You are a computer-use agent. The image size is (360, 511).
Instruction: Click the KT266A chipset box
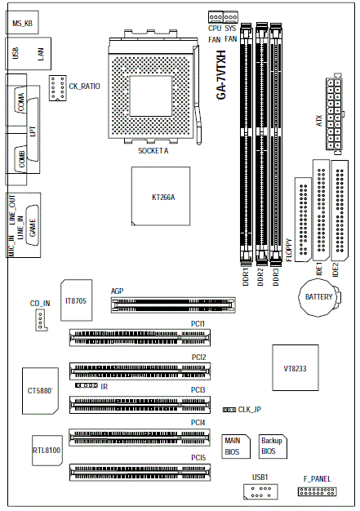pos(161,196)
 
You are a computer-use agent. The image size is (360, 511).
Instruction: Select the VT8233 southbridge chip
pos(296,367)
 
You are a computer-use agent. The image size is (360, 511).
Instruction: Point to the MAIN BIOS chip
pos(236,447)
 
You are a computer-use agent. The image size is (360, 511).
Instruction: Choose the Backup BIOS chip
pos(273,447)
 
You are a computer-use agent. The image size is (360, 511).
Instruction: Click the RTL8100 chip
pos(47,451)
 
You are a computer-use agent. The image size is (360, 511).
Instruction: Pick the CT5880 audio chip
pos(40,391)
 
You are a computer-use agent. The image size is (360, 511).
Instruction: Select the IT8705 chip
pos(76,300)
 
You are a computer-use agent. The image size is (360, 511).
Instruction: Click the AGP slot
pos(173,305)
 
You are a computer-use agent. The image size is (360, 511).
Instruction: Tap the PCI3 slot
pos(140,405)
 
